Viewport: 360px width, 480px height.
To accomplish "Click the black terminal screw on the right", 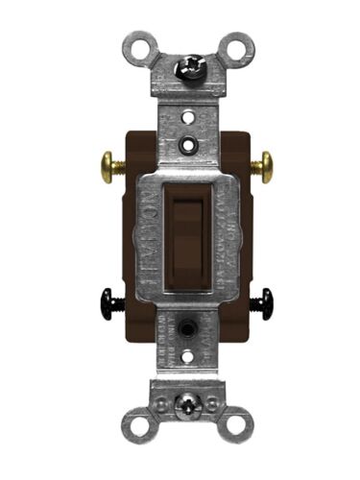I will point(261,304).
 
